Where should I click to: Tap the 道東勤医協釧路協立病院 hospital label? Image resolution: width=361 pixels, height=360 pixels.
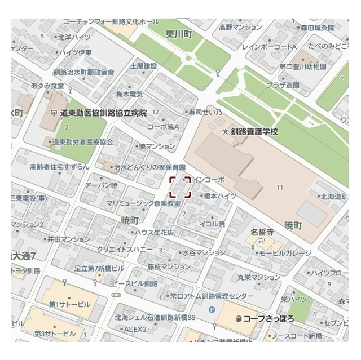click(x=103, y=113)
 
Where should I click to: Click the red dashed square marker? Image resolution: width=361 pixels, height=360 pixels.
click(x=180, y=187)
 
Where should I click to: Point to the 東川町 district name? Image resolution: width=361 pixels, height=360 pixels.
click(x=179, y=35)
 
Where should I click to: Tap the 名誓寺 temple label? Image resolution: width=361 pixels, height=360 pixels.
click(x=262, y=232)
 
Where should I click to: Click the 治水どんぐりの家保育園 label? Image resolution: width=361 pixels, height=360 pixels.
click(x=149, y=167)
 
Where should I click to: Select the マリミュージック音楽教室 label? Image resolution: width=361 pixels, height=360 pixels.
click(x=143, y=203)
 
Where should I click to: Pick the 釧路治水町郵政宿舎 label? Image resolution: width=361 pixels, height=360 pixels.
click(x=83, y=72)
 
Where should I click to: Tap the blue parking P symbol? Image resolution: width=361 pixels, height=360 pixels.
click(x=212, y=309)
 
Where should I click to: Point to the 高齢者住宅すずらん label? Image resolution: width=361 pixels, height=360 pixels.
click(x=60, y=167)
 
